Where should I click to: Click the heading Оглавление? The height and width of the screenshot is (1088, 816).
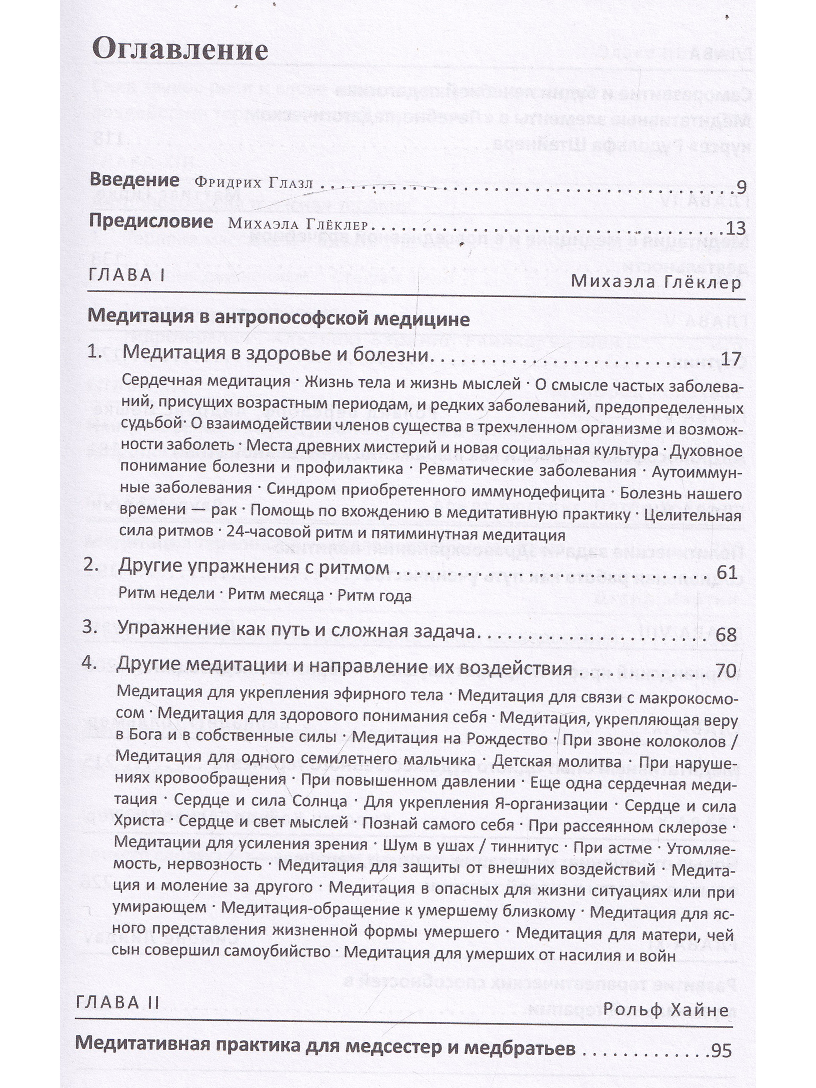tap(180, 50)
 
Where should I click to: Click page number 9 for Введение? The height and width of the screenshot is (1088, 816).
tap(741, 187)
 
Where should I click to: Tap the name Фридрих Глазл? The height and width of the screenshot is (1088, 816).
tap(254, 183)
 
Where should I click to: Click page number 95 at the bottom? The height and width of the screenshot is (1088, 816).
tap(721, 1051)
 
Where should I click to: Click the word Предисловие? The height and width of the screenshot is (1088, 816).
tap(151, 221)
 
